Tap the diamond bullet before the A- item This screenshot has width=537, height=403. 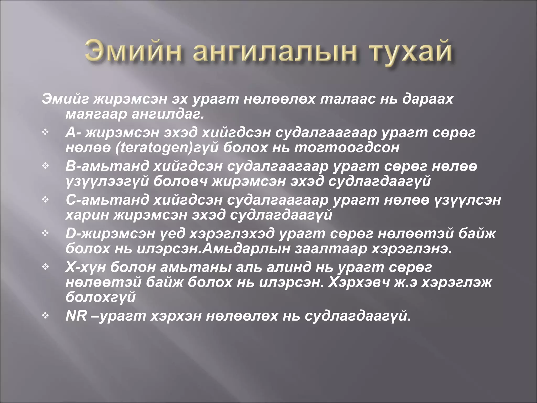click(x=46, y=132)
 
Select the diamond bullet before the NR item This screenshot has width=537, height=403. click(x=46, y=316)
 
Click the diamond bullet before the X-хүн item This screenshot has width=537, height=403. click(x=46, y=267)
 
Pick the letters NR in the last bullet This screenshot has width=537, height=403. click(x=76, y=316)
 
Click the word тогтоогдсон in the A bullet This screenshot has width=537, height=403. click(x=346, y=148)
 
